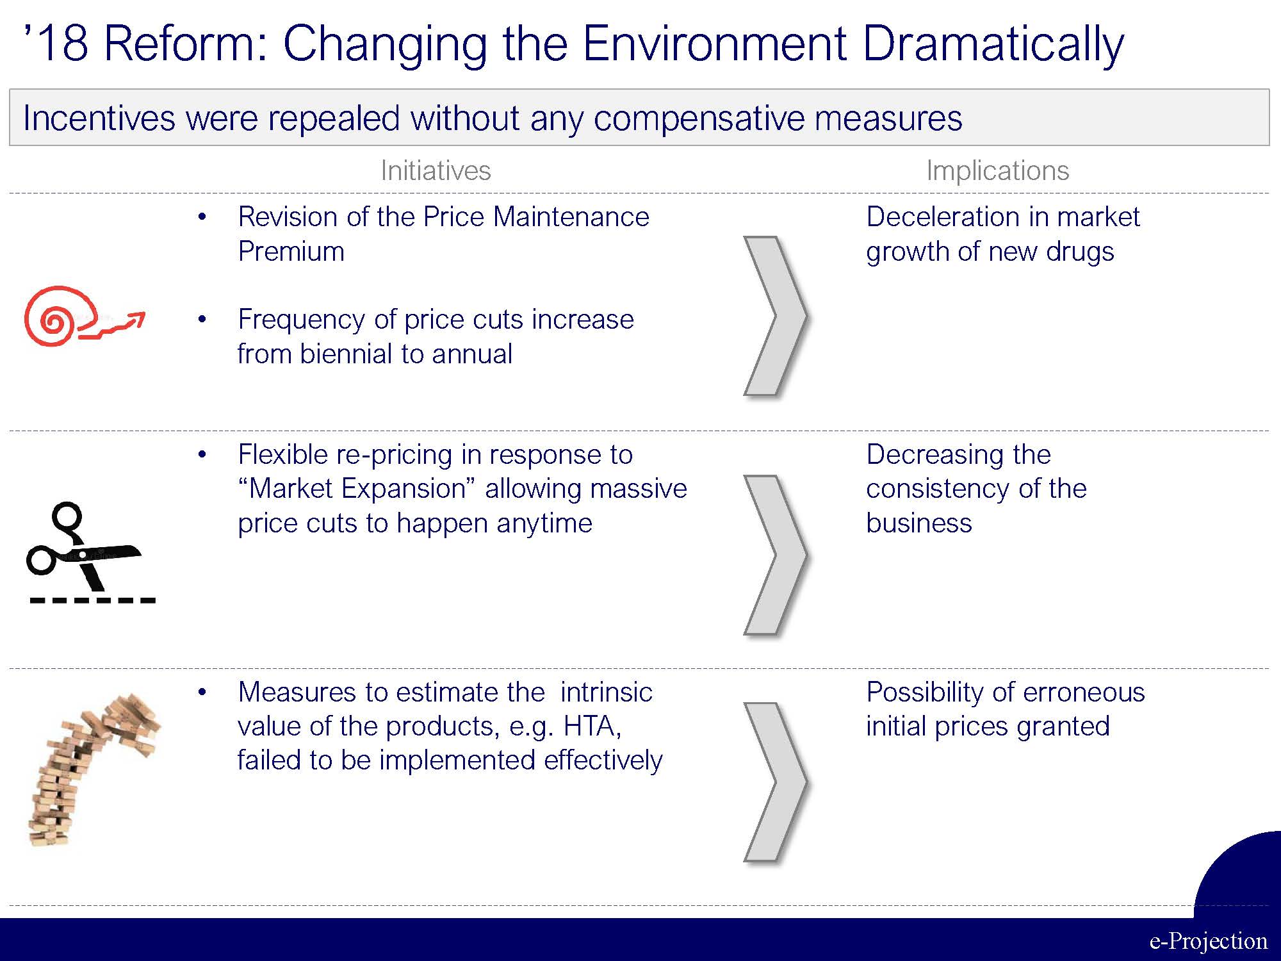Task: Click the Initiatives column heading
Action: click(436, 170)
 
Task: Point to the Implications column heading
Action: click(998, 170)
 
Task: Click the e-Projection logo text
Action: click(1208, 940)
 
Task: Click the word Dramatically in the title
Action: click(993, 45)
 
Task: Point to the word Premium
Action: click(291, 251)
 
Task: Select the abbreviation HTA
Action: click(592, 726)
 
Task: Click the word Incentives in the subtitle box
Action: click(99, 118)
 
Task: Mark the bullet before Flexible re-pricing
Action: click(202, 455)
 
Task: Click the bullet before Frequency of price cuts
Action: click(202, 319)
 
